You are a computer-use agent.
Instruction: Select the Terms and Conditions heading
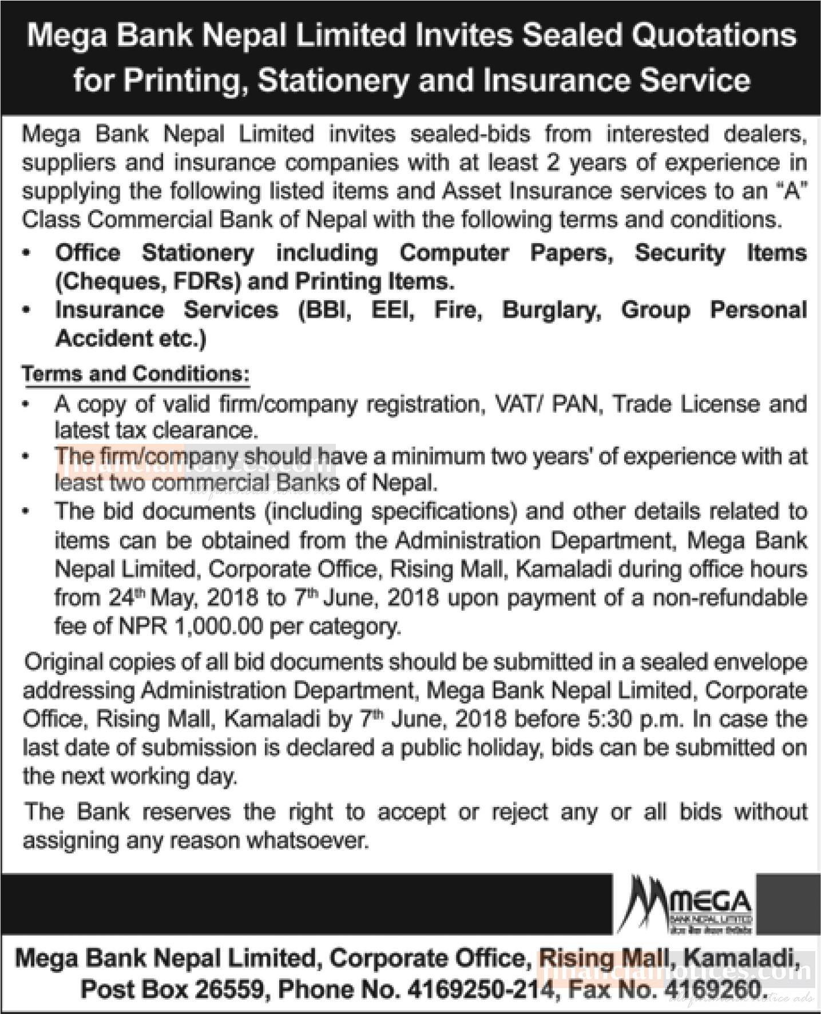pos(136,374)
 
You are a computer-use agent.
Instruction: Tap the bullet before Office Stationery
pos(26,253)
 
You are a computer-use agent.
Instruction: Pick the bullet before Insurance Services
pos(26,311)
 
